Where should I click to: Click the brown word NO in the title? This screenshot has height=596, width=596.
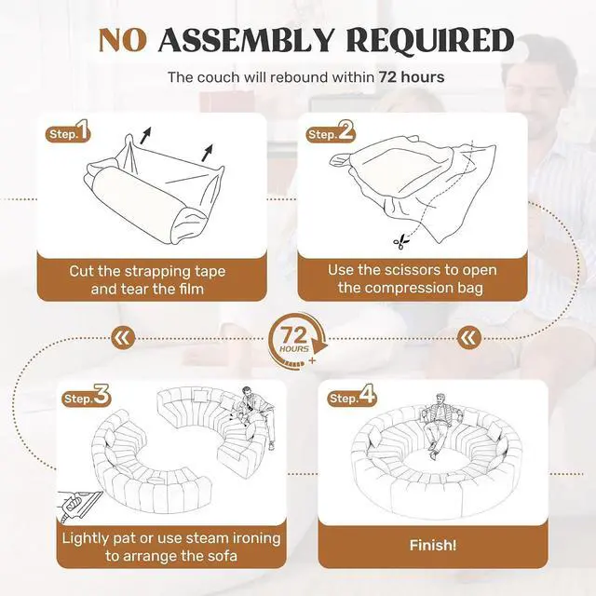tap(122, 40)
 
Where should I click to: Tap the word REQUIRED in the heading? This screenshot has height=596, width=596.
tap(430, 40)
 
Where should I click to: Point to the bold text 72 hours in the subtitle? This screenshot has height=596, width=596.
tap(412, 77)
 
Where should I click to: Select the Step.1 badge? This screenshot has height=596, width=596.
tap(68, 131)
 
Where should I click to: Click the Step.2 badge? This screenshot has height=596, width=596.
tap(331, 131)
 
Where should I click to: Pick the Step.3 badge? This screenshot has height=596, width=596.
tap(86, 396)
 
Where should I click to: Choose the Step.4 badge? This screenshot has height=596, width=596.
tap(352, 395)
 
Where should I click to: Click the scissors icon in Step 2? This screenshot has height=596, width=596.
tap(401, 242)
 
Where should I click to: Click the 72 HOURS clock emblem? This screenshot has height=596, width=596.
tap(297, 341)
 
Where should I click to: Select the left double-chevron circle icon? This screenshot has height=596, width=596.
tap(124, 337)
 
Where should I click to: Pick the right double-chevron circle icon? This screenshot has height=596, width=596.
tap(469, 338)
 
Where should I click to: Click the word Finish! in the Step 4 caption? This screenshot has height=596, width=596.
tap(433, 546)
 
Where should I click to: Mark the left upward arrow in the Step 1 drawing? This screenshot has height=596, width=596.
tap(145, 136)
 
